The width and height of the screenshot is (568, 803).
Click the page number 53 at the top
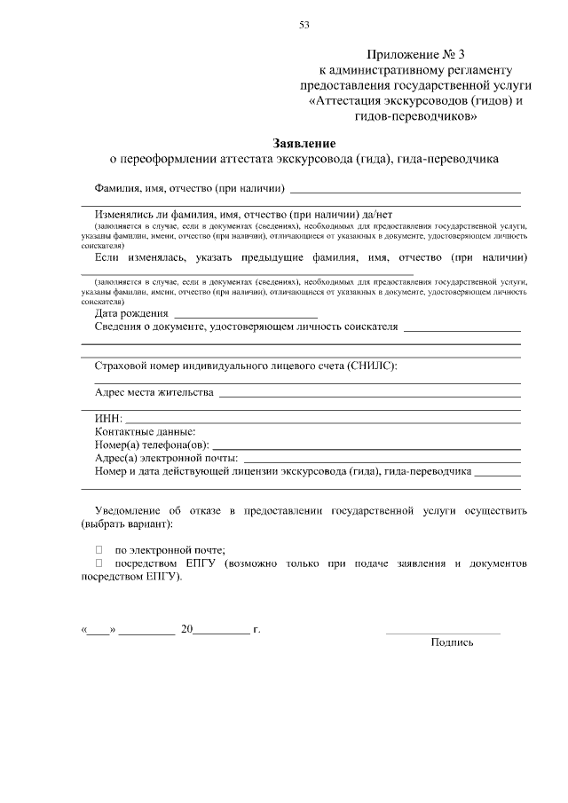[304, 24]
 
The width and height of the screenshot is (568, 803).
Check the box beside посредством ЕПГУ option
[99, 563]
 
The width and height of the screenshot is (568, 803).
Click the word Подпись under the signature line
[452, 642]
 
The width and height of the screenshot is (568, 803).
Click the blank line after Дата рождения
[246, 315]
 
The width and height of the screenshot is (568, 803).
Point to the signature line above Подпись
[442, 632]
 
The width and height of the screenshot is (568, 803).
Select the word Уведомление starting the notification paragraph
[130, 511]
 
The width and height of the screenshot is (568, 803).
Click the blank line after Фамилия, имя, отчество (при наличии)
[405, 190]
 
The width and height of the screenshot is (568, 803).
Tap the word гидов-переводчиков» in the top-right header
[415, 115]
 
